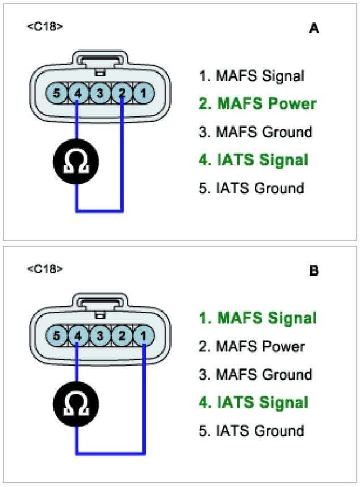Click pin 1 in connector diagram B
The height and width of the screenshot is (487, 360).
click(x=143, y=336)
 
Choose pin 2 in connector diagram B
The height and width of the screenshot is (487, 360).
click(x=121, y=336)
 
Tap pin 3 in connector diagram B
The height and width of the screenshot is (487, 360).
click(x=100, y=336)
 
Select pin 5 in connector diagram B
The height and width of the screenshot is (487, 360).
click(x=56, y=336)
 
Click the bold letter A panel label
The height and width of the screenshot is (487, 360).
click(x=314, y=29)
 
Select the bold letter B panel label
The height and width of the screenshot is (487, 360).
click(x=314, y=271)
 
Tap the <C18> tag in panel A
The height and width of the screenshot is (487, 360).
click(x=45, y=26)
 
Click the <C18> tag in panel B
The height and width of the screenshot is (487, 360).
click(x=45, y=269)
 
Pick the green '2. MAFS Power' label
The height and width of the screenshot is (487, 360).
click(x=257, y=104)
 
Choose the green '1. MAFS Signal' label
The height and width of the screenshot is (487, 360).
click(x=257, y=318)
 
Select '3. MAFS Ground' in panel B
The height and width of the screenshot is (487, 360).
click(x=255, y=375)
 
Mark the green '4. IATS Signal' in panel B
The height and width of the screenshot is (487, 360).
click(x=253, y=403)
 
